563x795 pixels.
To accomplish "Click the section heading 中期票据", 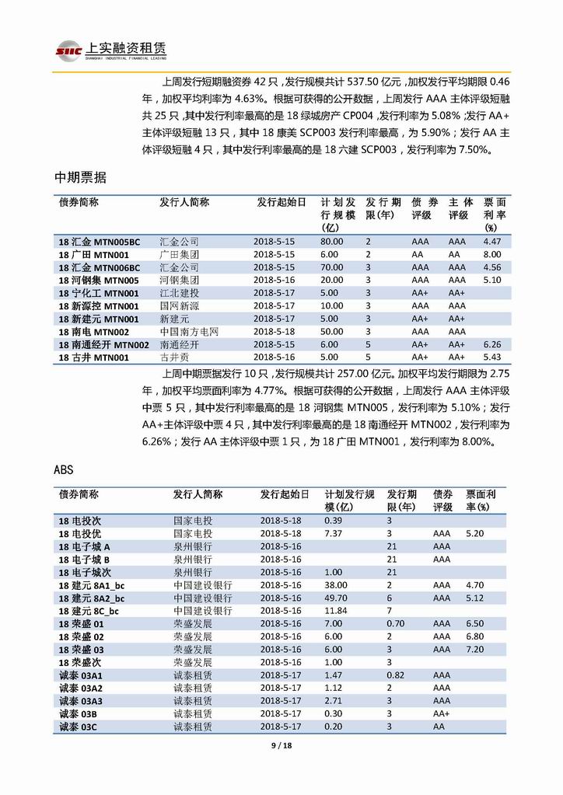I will pyautogui.click(x=80, y=178).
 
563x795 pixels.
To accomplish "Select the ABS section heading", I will pyautogui.click(x=64, y=470).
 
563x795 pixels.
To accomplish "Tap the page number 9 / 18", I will pyautogui.click(x=281, y=745).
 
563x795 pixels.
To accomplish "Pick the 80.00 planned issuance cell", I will pyautogui.click(x=331, y=242).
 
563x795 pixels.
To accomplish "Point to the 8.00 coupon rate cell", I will pyautogui.click(x=492, y=254).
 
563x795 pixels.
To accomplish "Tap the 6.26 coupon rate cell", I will pyautogui.click(x=492, y=344).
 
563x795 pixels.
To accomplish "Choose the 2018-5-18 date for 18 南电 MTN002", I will pyautogui.click(x=274, y=332).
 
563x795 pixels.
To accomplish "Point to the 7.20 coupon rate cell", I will pyautogui.click(x=474, y=649).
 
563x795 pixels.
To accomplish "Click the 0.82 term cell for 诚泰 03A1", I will pyautogui.click(x=396, y=675).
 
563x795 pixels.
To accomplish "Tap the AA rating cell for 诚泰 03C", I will pyautogui.click(x=439, y=726).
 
